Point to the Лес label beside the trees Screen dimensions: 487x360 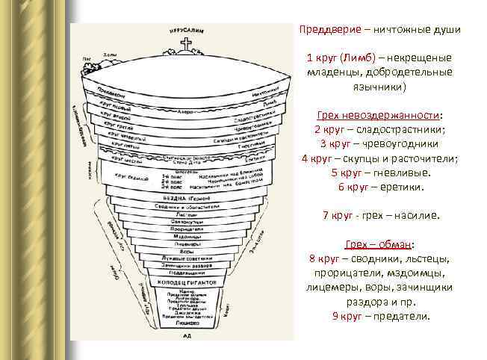(87, 58)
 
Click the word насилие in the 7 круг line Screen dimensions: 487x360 (418, 216)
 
